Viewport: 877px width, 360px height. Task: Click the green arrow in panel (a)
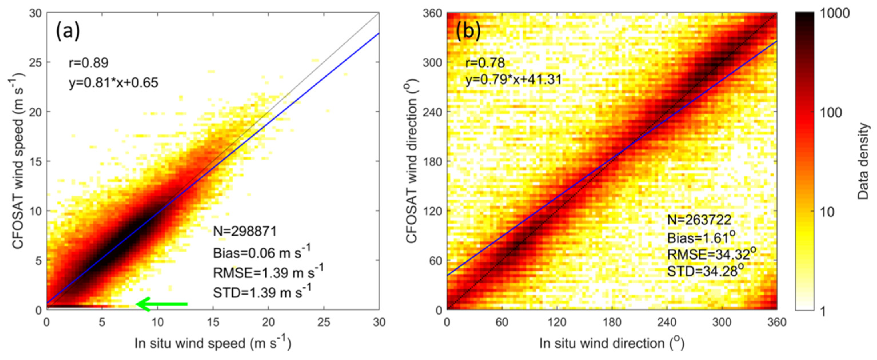click(x=162, y=304)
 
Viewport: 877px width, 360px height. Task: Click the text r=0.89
click(x=89, y=63)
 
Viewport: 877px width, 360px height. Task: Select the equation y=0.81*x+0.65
click(x=114, y=83)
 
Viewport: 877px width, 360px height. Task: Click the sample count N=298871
click(x=245, y=231)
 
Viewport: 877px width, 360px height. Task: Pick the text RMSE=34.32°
click(x=710, y=254)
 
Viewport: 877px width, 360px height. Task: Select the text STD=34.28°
click(x=705, y=271)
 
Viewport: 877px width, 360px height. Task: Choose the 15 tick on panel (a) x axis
click(x=213, y=322)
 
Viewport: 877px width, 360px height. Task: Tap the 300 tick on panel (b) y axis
click(x=433, y=63)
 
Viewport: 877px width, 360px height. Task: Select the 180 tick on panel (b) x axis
click(x=612, y=322)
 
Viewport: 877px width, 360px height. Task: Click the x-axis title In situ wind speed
click(x=213, y=343)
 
